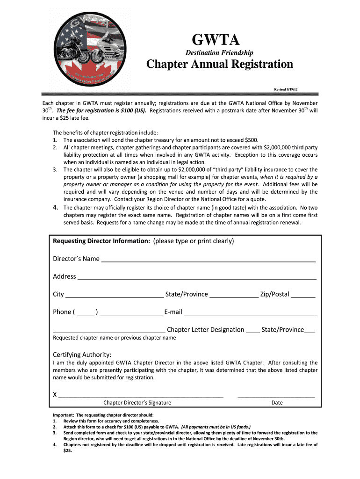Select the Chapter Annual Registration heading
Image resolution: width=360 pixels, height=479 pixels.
point(220,65)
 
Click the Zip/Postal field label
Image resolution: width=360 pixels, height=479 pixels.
point(274,294)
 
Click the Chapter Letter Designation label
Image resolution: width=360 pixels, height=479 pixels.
point(205,330)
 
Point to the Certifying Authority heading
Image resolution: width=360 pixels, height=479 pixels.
point(82,354)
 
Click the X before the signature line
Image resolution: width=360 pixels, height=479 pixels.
point(55,395)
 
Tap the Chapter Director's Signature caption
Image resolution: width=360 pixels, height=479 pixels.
point(137,403)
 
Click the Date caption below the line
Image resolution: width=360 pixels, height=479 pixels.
point(277,403)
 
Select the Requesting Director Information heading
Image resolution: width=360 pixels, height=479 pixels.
point(101,241)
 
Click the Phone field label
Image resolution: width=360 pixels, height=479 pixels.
point(62,312)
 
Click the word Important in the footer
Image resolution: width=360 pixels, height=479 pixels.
point(63,415)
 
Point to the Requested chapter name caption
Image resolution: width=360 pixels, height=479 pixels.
point(115,338)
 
